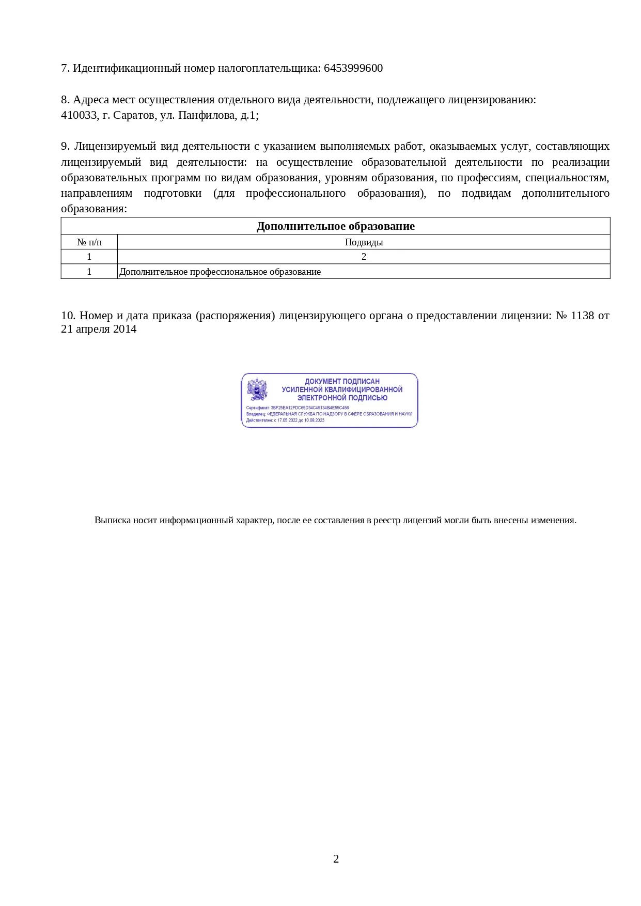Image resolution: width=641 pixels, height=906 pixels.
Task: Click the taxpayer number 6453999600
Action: click(353, 68)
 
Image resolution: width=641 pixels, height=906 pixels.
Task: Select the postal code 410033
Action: click(78, 115)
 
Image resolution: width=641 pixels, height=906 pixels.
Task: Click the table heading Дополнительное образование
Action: click(335, 226)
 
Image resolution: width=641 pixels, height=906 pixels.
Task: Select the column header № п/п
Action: click(89, 242)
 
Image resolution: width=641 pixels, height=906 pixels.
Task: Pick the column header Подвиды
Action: click(364, 242)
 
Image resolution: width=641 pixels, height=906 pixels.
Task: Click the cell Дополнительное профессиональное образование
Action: click(220, 272)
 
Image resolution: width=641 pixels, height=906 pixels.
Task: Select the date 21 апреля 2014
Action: click(99, 330)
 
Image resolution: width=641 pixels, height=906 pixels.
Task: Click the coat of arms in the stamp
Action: click(257, 389)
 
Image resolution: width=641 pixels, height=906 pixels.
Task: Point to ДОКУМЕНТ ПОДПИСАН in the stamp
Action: click(342, 381)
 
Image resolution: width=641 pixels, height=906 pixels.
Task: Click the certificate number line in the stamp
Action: click(298, 408)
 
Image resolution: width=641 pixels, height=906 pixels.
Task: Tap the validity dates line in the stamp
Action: click(286, 420)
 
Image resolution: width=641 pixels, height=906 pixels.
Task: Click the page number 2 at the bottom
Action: click(336, 858)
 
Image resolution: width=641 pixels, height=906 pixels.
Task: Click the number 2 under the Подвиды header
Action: click(364, 257)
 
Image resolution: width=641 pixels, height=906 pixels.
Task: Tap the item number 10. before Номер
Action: click(68, 316)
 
